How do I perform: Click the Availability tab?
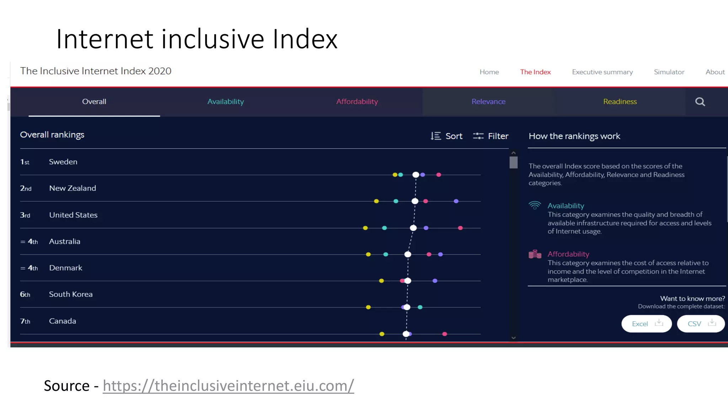click(225, 102)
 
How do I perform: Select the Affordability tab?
click(357, 102)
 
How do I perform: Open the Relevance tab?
click(488, 102)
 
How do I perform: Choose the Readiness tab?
click(620, 102)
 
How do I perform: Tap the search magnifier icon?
click(700, 102)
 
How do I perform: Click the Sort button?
click(447, 136)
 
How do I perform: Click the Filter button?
click(491, 136)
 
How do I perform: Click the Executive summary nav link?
click(602, 72)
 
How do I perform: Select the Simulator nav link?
click(669, 72)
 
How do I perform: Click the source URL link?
click(228, 386)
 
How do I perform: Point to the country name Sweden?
click(63, 162)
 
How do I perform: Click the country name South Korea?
click(71, 294)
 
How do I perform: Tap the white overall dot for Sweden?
click(416, 175)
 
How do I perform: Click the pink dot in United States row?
click(460, 228)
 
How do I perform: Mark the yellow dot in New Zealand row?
click(376, 201)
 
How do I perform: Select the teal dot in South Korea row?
click(420, 307)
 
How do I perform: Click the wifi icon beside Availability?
click(535, 206)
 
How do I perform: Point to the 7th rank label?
click(25, 321)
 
